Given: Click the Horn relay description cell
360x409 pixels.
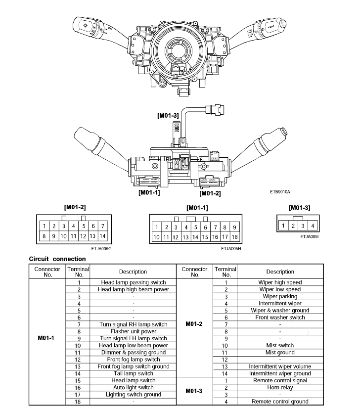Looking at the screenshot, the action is tap(280, 388).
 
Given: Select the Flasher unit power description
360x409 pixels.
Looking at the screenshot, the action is tap(134, 331).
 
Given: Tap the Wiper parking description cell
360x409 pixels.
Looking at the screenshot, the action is tap(280, 297).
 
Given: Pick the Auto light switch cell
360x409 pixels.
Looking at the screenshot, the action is tap(134, 388).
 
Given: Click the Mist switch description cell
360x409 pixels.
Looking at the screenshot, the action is tap(280, 346).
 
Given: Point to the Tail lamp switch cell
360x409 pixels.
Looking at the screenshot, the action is tap(134, 373).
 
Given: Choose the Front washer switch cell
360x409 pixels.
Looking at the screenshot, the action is tap(280, 318).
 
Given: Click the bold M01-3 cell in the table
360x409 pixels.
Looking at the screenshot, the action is tap(194, 391).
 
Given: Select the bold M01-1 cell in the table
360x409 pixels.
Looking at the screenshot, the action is tap(46, 338).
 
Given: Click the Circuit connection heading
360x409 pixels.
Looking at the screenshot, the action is tap(57, 259).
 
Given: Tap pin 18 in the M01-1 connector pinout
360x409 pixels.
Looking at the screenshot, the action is tap(234, 237).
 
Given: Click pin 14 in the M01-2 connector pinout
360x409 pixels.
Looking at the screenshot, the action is tap(102, 236).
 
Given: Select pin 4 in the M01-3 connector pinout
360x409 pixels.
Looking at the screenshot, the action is tap(313, 226).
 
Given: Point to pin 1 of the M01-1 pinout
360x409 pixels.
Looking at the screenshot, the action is tap(157, 227).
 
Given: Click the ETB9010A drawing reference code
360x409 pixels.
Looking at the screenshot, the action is tap(280, 192).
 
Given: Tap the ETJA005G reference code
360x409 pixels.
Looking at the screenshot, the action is tap(101, 249).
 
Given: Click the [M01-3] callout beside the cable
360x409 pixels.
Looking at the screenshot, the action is tap(168, 116).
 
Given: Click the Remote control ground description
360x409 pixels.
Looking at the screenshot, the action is tap(280, 402).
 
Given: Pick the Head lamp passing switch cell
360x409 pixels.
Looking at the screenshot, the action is tap(134, 282).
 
